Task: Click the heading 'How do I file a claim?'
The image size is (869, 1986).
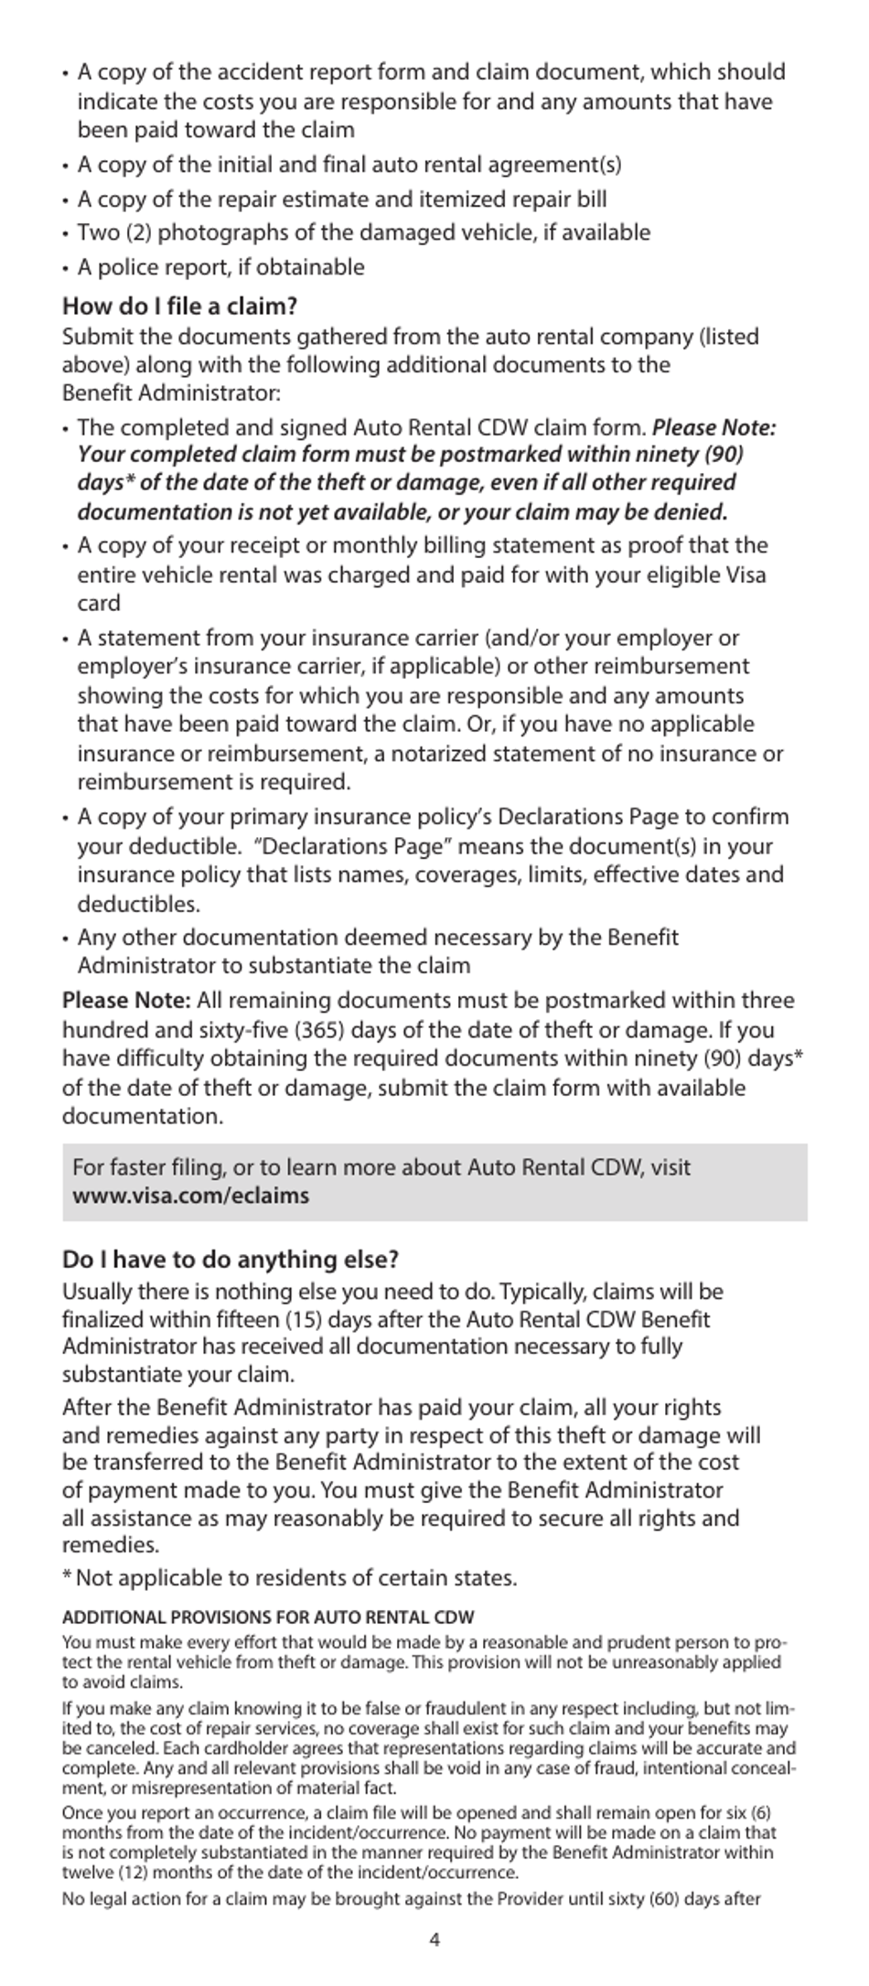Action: tap(179, 306)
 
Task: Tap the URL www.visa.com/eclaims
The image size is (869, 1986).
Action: tap(190, 1196)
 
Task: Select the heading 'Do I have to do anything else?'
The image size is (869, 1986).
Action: tap(231, 1260)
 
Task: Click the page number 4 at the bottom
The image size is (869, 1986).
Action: tap(434, 1940)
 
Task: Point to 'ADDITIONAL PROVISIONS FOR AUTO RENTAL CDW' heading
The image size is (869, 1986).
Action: tap(267, 1617)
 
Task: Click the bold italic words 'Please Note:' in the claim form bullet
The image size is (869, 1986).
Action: tap(713, 427)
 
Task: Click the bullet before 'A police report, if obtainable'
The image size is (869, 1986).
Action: tap(66, 269)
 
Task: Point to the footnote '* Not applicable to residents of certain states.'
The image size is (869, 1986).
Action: tap(289, 1578)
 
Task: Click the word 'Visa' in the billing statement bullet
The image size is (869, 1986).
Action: tap(745, 574)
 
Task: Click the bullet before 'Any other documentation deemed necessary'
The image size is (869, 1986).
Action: tap(66, 939)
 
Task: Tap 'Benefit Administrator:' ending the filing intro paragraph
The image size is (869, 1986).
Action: tap(171, 393)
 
